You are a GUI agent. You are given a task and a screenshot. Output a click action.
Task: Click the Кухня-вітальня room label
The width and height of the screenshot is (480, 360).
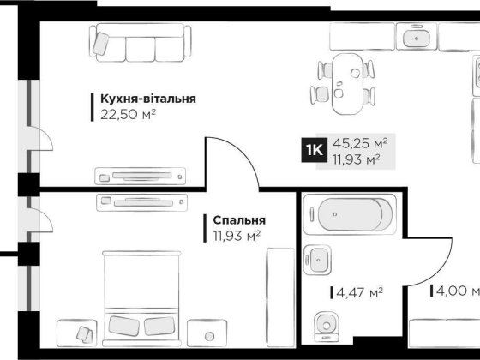click(147, 99)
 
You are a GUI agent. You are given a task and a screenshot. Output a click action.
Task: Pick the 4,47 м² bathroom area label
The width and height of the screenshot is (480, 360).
click(357, 292)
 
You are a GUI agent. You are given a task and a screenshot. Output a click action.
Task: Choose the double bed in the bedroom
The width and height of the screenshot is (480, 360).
click(142, 295)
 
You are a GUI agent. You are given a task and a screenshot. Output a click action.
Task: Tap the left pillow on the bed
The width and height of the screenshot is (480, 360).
click(125, 326)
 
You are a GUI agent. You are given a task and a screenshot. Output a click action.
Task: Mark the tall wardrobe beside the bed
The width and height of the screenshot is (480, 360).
click(279, 291)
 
